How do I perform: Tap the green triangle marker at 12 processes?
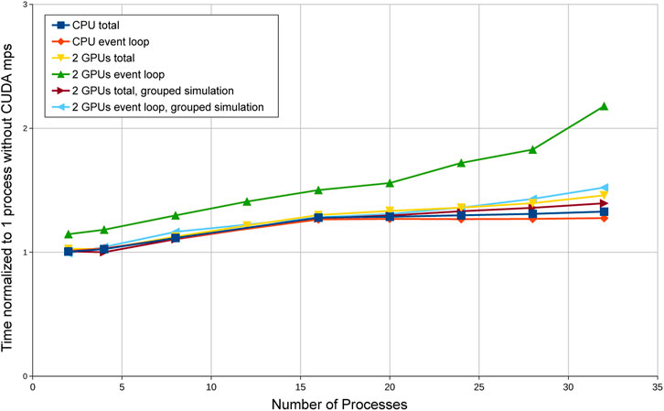[247, 201]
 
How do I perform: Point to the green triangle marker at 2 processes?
[69, 234]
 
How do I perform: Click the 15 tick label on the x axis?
[301, 387]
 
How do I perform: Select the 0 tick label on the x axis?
[33, 387]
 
